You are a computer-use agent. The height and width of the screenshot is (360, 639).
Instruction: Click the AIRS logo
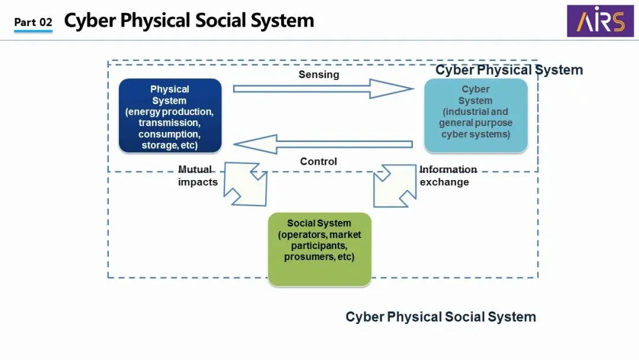coord(596,21)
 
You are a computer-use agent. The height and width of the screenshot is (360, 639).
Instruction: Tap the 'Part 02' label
coord(33,22)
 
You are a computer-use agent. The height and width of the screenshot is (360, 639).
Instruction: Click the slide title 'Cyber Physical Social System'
coord(189,21)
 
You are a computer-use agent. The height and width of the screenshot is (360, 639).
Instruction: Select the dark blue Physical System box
coord(170,116)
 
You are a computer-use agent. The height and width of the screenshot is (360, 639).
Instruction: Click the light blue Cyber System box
coord(476,116)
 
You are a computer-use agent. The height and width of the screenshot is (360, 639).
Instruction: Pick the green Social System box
coord(319,249)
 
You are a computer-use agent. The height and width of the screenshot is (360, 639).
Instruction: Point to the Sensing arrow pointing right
coord(322,89)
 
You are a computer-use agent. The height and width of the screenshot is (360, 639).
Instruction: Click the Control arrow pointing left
coord(322,144)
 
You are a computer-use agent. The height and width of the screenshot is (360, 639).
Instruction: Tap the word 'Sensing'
coord(319,75)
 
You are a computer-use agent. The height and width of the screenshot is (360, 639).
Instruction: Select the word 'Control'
coord(318,162)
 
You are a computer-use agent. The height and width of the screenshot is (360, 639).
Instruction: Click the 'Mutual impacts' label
coord(197,176)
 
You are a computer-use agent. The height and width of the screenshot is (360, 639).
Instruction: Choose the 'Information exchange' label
coord(448,176)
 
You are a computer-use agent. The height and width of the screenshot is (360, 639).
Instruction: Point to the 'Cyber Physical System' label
coord(509,70)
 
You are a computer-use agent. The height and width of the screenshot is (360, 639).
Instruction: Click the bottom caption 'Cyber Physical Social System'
coord(441,317)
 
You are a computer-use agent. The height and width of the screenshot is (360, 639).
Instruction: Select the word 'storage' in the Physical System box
coord(159,145)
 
